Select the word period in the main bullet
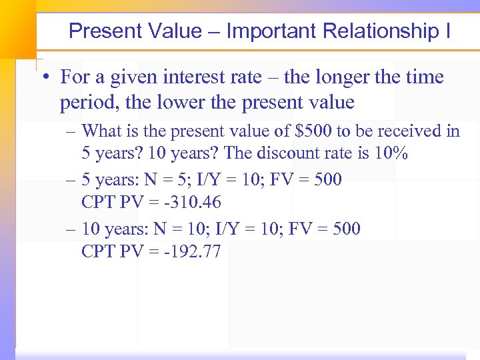pyautogui.click(x=86, y=102)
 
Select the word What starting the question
pyautogui.click(x=102, y=131)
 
